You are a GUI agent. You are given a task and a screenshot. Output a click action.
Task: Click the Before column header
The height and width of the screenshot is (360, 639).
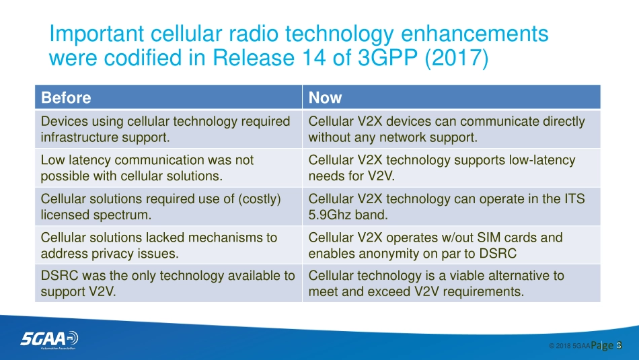tap(66, 98)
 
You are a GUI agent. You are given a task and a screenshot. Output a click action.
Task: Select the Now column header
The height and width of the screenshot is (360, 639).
tap(325, 98)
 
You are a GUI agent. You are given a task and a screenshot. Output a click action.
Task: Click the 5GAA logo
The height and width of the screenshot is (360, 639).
tap(49, 339)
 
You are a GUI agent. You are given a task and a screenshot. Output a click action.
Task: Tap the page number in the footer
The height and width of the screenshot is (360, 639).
tap(607, 346)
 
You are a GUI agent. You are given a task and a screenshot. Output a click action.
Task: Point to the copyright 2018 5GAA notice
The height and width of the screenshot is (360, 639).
tap(569, 346)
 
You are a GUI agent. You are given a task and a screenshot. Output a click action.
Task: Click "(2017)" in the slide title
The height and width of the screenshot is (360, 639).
tap(457, 57)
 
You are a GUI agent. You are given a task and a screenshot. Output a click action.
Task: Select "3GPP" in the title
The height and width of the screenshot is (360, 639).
tap(387, 57)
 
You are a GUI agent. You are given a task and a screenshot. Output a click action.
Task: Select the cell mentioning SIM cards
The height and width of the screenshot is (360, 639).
tap(451, 246)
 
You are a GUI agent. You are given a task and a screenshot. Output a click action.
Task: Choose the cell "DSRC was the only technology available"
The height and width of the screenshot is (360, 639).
tap(168, 283)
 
